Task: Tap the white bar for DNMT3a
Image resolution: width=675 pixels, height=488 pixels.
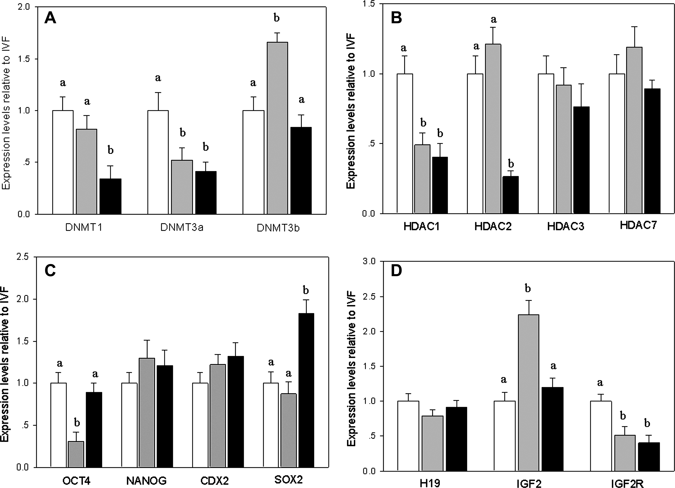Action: point(158,162)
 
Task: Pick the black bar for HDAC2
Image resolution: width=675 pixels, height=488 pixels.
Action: point(510,195)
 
